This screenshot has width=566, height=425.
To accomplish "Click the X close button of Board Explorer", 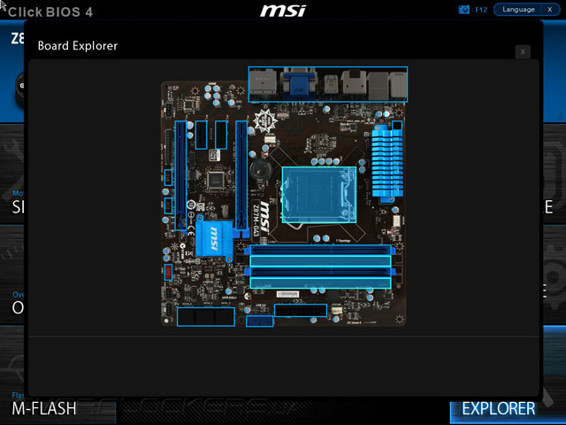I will pyautogui.click(x=523, y=52).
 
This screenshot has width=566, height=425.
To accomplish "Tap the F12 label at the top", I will pyautogui.click(x=481, y=10).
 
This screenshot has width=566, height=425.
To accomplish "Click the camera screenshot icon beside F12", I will pyautogui.click(x=464, y=10).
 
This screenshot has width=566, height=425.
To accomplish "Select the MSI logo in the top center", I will pyautogui.click(x=283, y=11).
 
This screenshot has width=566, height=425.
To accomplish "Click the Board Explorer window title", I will pyautogui.click(x=78, y=45).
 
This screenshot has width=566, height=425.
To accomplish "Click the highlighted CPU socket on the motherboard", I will pyautogui.click(x=318, y=195).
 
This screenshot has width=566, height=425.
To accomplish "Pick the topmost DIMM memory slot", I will pyautogui.click(x=320, y=251).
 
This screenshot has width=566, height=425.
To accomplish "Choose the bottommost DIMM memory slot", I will pyautogui.click(x=320, y=282).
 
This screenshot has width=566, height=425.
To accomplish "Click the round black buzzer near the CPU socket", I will pyautogui.click(x=258, y=168).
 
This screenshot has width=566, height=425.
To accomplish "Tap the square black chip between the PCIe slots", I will pyautogui.click(x=215, y=178).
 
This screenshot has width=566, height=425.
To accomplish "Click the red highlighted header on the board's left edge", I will pyautogui.click(x=167, y=272).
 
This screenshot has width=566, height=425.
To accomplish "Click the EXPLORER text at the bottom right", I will pyautogui.click(x=499, y=408).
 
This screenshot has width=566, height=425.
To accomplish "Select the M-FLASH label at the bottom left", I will pyautogui.click(x=43, y=409).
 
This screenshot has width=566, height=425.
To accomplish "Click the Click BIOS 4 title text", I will pyautogui.click(x=50, y=12).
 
